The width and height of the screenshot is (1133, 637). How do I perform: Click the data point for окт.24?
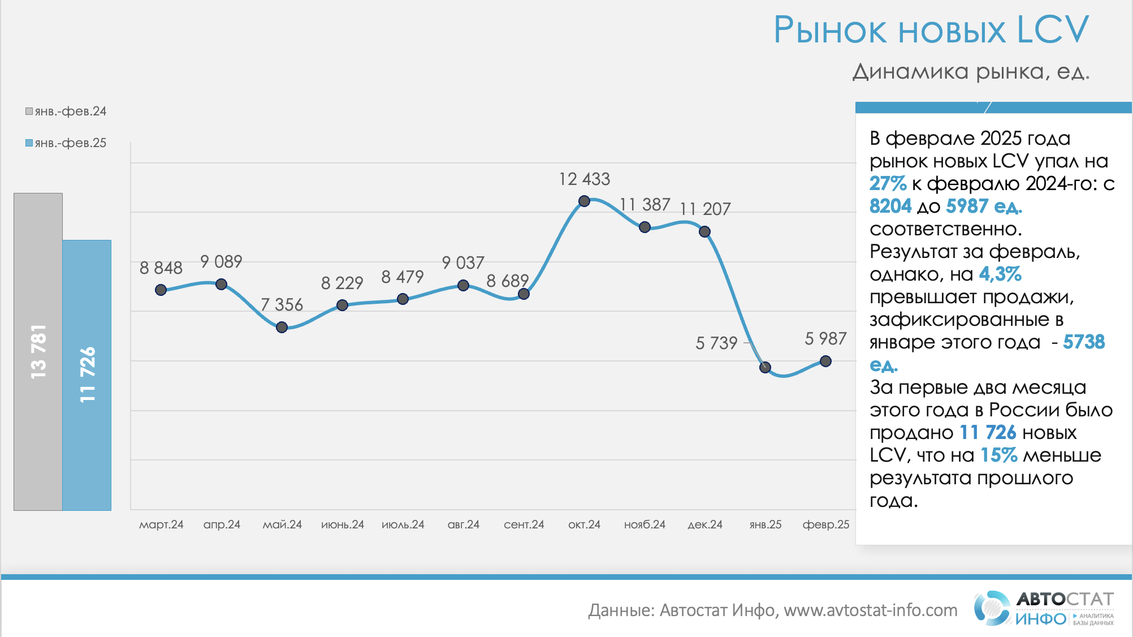click(x=584, y=201)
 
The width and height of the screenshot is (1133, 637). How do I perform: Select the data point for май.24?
click(x=282, y=327)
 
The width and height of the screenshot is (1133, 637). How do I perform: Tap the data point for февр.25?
click(x=825, y=361)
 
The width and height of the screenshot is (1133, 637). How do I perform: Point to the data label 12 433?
click(x=584, y=179)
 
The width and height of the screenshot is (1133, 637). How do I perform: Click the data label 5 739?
click(x=716, y=343)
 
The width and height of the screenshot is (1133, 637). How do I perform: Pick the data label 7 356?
click(x=282, y=304)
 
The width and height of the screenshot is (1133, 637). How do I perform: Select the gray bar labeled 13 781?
click(x=38, y=351)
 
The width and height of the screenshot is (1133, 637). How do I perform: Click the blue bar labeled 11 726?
click(x=87, y=375)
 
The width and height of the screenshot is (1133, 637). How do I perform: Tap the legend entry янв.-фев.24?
click(x=66, y=111)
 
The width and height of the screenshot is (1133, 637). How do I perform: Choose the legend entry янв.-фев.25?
click(x=66, y=143)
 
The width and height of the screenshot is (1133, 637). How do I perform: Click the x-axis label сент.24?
click(x=524, y=524)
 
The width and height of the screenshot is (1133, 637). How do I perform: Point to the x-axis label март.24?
click(x=161, y=524)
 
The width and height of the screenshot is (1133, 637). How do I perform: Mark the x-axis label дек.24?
click(x=704, y=524)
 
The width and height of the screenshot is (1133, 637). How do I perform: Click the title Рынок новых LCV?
click(x=931, y=29)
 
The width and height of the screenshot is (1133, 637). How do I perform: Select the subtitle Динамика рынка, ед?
click(x=970, y=72)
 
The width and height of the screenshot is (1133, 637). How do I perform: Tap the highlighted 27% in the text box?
click(x=888, y=184)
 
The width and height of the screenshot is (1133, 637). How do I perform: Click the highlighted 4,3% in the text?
click(x=1000, y=274)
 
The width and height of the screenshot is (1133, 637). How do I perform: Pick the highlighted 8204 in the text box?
click(x=890, y=206)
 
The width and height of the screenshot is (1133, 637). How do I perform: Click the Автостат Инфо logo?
click(x=1044, y=609)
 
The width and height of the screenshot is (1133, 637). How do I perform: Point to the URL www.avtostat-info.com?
click(x=870, y=610)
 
